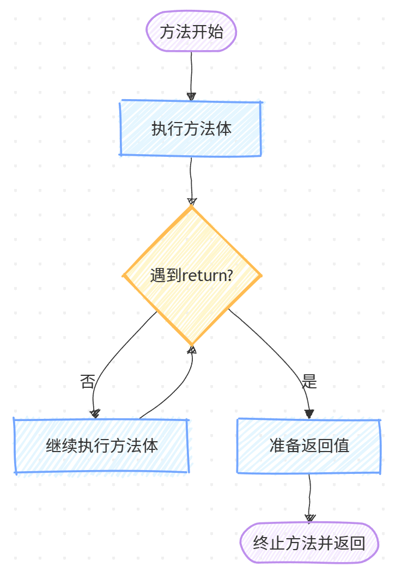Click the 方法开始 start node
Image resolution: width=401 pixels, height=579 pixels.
point(191,32)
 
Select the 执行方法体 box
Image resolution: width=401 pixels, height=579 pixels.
point(191,129)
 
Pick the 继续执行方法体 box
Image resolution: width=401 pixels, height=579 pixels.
point(102,446)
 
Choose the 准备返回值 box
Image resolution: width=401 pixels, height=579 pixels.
point(309,446)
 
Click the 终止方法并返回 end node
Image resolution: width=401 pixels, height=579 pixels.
point(309,543)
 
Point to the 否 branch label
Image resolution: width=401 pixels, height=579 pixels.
point(87,381)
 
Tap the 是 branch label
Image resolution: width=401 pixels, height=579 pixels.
point(309,381)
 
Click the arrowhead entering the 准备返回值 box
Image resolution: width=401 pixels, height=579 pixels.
point(309,413)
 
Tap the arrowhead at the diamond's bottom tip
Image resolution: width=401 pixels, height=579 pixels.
point(192,350)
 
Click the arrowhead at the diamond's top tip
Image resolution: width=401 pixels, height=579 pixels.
point(191,201)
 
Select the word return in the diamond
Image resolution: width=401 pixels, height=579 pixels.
point(201,276)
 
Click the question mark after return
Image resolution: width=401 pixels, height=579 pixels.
point(229,276)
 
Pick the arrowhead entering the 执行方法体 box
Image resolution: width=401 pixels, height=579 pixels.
point(191,96)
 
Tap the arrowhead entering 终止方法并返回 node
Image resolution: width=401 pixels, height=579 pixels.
point(309,517)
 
